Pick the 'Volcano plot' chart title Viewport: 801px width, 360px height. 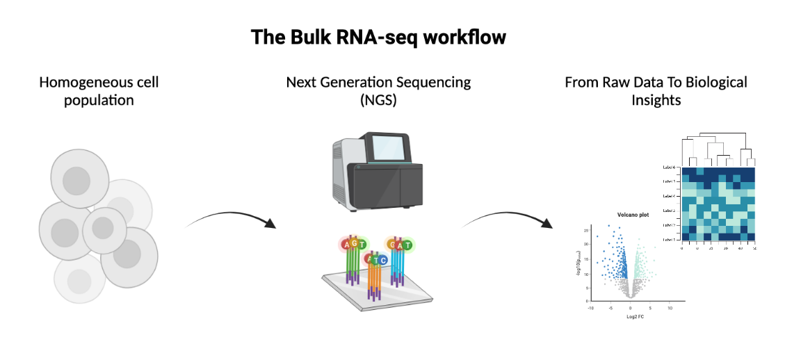tap(633, 215)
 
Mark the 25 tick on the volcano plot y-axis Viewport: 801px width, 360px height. tap(587, 229)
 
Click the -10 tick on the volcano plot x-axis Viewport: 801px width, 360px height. tap(590, 306)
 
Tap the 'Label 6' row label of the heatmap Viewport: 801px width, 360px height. tap(670, 167)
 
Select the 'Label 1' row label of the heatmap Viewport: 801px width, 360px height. tap(670, 239)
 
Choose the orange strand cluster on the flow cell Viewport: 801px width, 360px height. tap(374, 281)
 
